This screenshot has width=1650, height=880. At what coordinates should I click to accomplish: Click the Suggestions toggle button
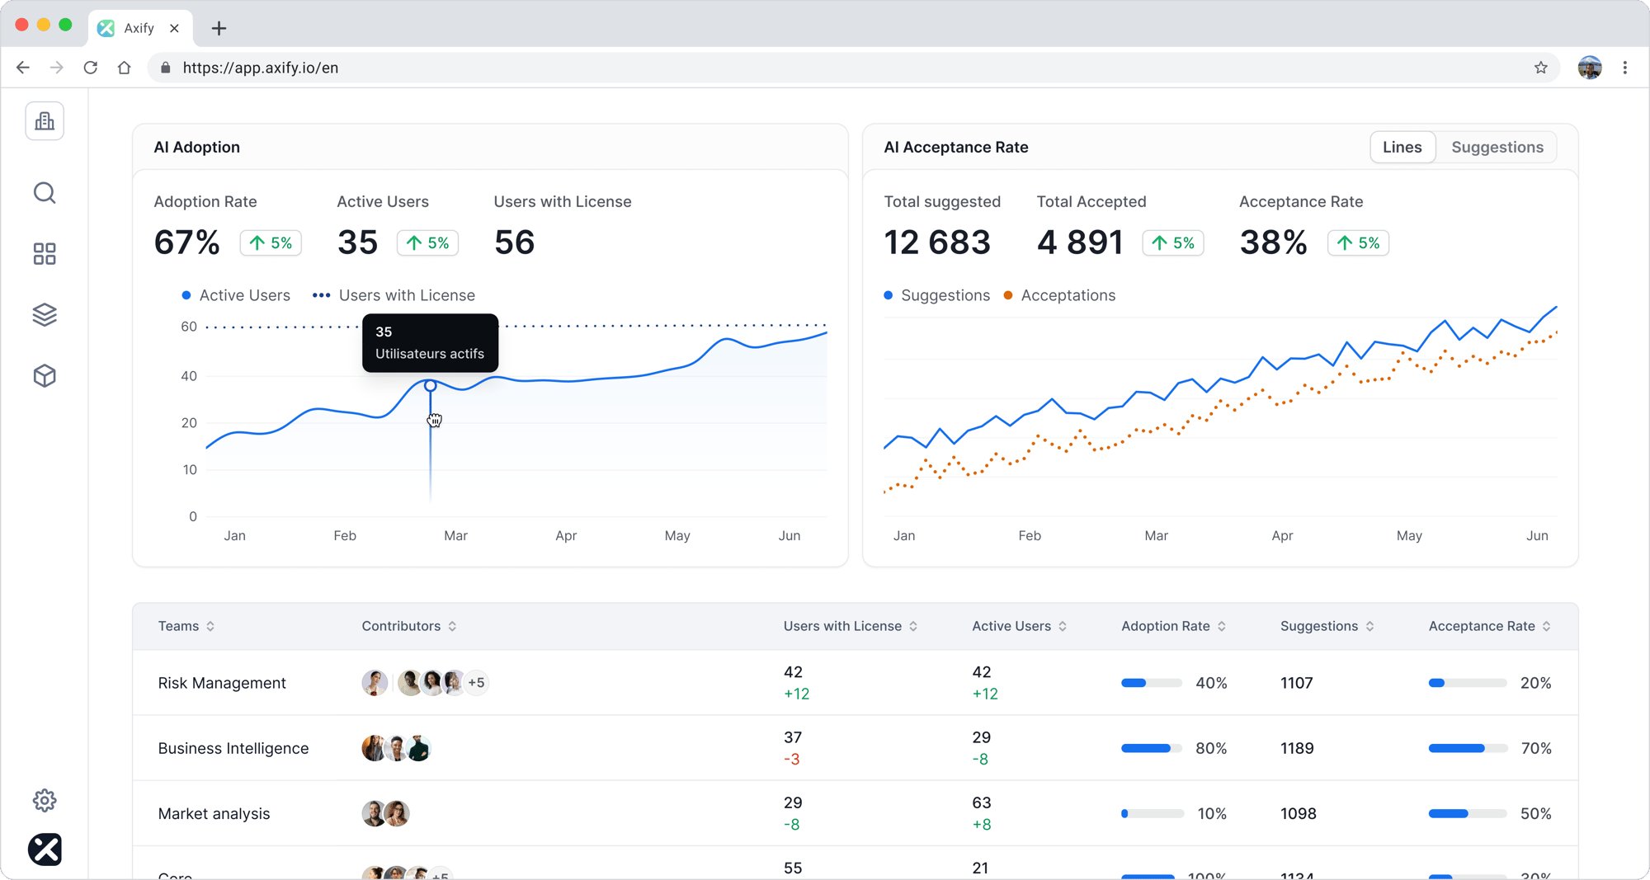click(1497, 147)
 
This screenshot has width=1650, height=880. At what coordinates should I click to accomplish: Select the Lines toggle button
click(1402, 147)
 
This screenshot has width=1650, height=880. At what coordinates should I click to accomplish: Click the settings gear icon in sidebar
click(45, 800)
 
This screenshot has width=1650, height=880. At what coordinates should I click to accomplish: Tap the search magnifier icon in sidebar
click(45, 193)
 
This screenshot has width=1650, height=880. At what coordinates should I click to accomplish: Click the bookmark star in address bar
click(1540, 68)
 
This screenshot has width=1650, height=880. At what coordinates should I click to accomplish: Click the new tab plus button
click(219, 28)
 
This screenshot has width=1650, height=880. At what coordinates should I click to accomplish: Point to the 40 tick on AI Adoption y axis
click(189, 376)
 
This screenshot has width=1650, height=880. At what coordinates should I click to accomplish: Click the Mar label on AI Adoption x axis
click(455, 535)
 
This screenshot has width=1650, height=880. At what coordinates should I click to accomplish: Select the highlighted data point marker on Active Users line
click(430, 385)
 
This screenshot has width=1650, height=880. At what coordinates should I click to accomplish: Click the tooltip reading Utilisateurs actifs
click(430, 343)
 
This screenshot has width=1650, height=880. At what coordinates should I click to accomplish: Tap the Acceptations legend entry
click(1059, 295)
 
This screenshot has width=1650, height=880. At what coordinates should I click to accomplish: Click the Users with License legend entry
click(394, 295)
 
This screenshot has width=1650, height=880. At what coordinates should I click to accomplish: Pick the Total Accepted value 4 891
click(1079, 242)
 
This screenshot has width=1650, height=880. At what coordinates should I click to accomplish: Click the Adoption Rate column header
click(1165, 626)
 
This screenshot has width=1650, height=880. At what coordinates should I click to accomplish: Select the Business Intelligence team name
click(233, 748)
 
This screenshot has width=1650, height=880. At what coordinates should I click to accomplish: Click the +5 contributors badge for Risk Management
click(476, 683)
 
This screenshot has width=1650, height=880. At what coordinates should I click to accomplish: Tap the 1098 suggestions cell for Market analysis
click(1298, 813)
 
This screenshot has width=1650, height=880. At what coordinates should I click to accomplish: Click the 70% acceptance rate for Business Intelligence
click(1535, 748)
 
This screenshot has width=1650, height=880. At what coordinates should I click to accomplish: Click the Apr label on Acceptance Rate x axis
click(1282, 535)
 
